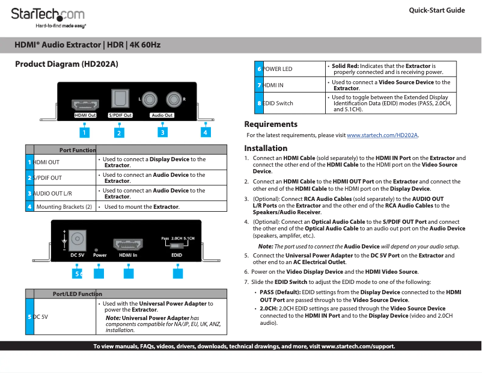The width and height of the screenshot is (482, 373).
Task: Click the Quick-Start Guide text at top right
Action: coord(436,10)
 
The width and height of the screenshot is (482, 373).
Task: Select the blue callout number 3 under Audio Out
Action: coord(162,132)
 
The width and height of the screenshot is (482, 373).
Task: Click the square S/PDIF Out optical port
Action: coord(120,98)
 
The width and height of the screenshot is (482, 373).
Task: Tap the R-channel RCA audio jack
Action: coord(174,99)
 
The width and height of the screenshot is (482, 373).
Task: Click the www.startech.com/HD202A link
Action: coord(382,135)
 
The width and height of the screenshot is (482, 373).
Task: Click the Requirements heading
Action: coord(270,124)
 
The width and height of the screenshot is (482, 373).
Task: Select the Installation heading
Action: coord(266,148)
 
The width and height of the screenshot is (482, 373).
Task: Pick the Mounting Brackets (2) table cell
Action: coord(64,206)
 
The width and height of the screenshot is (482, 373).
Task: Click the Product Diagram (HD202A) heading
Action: coord(66,64)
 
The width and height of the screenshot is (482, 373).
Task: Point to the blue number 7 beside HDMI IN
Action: coord(258,85)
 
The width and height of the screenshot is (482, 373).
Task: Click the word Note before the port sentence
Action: coord(265,247)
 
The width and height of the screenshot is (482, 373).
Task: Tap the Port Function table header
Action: coord(78,150)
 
